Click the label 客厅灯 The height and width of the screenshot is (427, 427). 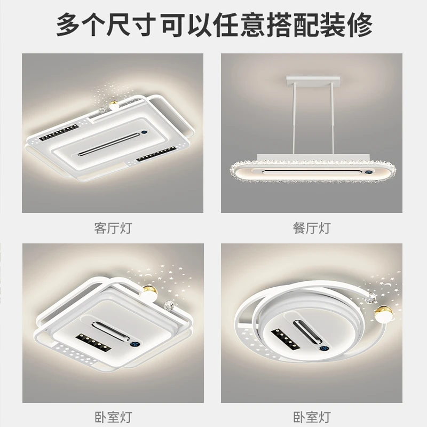pos(112,228)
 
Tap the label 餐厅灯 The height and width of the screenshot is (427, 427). pos(312,228)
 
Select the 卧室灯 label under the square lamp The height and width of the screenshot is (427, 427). pos(112,416)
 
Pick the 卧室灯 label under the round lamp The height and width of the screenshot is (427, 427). pos(312,416)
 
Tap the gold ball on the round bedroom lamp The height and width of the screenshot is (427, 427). pos(383,314)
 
